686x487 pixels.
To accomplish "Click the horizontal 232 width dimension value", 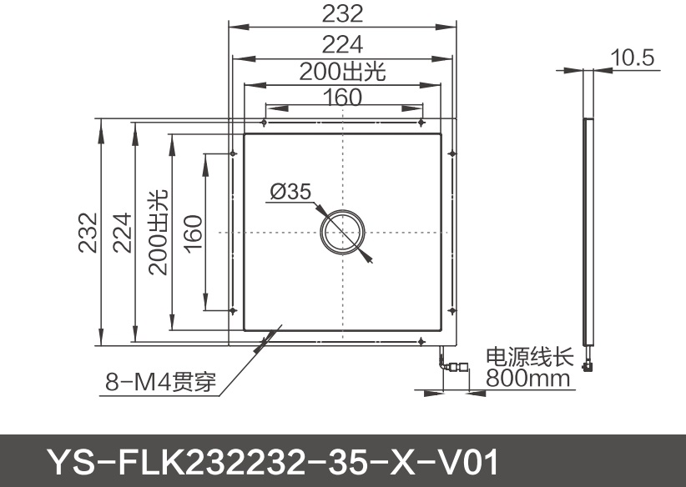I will tap(342, 14).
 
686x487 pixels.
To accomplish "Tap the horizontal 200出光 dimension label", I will tap(342, 72).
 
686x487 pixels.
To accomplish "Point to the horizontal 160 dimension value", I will tap(342, 98).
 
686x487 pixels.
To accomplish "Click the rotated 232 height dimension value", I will tap(88, 232).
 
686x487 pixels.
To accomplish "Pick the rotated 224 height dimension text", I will tap(122, 232).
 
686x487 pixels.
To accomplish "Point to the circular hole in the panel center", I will tap(342, 232).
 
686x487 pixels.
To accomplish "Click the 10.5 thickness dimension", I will tap(633, 58).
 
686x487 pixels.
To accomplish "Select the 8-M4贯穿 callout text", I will tap(160, 383).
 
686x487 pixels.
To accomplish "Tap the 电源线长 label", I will tap(529, 357).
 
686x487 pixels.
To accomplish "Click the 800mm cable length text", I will tap(529, 379).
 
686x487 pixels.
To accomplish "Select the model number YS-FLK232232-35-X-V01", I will tap(273, 460).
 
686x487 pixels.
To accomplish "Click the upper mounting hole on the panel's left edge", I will tap(231, 153).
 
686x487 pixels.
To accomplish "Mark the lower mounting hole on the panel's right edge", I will tap(451, 310).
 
